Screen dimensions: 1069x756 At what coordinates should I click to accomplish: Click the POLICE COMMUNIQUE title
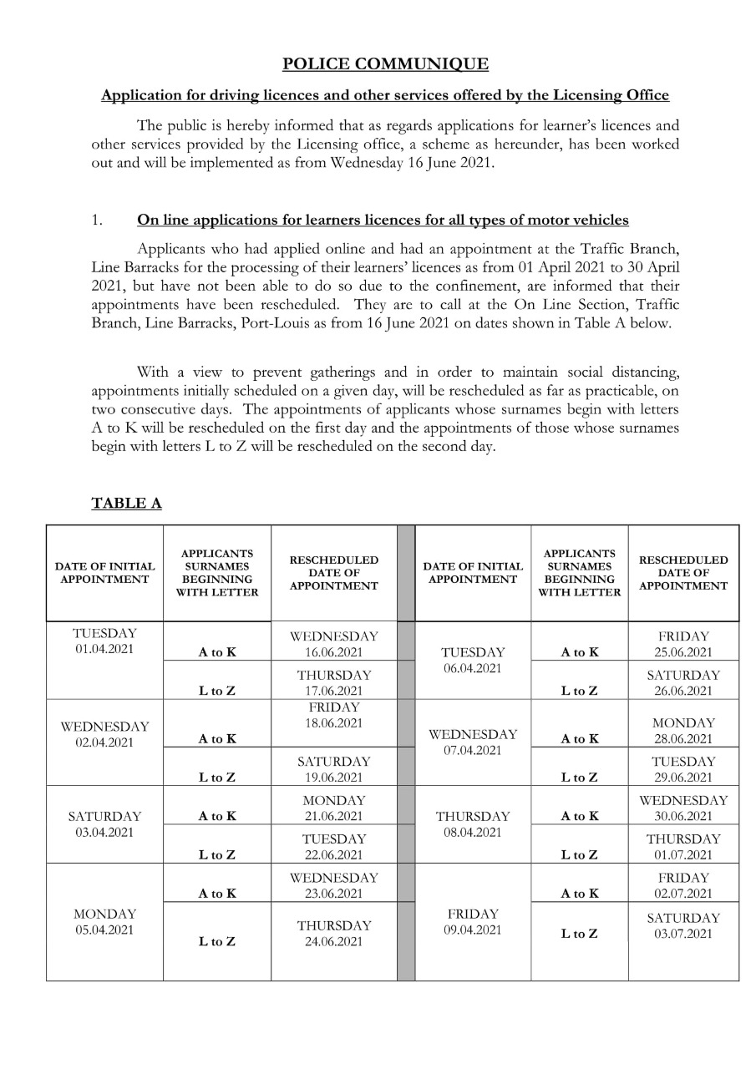[385, 64]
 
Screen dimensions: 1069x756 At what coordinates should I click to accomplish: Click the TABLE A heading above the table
[126, 503]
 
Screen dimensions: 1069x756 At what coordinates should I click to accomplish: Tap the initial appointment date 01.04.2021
[104, 649]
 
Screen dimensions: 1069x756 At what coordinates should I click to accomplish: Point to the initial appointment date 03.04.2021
[104, 833]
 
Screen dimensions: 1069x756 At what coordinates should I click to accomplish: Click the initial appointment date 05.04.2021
[104, 930]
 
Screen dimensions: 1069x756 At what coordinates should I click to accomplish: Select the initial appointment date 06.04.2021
[473, 668]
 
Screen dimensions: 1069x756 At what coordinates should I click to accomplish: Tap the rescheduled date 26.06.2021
[683, 691]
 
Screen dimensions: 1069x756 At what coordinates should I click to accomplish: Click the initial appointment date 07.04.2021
[473, 750]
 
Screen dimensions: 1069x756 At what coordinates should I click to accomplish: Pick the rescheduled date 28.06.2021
[683, 738]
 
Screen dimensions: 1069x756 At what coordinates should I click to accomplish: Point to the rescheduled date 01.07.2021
[683, 854]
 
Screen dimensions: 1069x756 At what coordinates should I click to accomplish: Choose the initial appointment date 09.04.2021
[473, 930]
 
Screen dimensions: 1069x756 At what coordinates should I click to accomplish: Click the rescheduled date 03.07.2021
[683, 934]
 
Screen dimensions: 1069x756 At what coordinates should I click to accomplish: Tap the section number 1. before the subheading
[97, 220]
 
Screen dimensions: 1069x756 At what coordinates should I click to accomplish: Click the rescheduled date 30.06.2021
[683, 816]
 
